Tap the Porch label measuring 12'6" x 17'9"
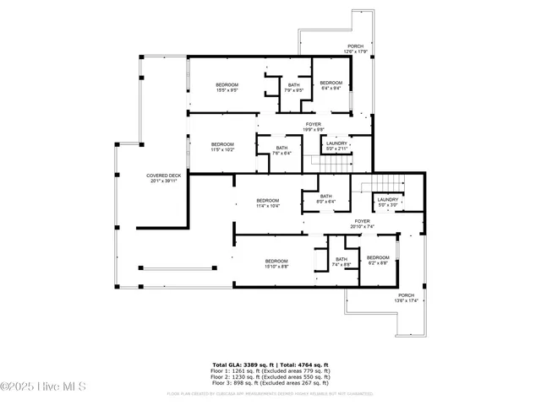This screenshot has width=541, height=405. coord(356,49)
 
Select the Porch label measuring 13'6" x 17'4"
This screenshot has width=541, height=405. coord(407,298)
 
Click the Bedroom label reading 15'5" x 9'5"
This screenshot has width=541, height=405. coord(227,87)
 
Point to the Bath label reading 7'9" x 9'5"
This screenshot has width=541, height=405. coord(293,87)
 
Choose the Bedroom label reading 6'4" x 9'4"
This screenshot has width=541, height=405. coord(331,85)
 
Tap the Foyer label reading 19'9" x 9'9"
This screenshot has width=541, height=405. coord(314,127)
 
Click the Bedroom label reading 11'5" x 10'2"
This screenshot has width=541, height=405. coord(222,147)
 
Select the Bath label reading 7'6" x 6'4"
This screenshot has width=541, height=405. coord(281,151)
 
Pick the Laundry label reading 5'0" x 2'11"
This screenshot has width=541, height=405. coord(336,146)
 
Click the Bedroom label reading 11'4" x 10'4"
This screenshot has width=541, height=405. coord(268,202)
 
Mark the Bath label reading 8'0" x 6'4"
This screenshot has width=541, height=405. coord(326,199)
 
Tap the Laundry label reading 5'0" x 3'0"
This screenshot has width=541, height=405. coord(388,202)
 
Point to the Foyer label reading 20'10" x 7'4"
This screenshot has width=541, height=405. coord(363,224)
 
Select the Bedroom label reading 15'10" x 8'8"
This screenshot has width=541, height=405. coord(276,263)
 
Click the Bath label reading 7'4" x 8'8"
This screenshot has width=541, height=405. coord(341,262)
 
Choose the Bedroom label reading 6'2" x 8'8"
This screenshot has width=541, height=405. coord(378,260)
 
